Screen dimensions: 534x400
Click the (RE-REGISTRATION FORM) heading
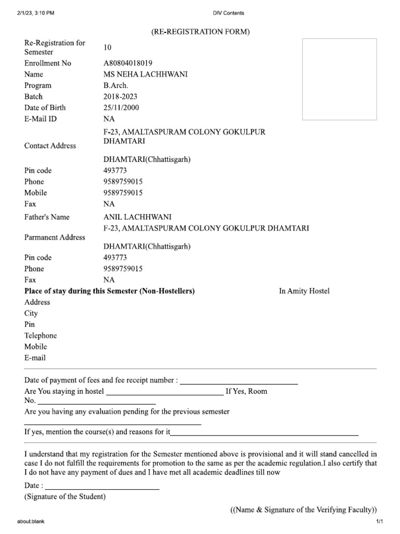pyautogui.click(x=201, y=32)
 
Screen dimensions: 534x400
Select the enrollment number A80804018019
pyautogui.click(x=128, y=63)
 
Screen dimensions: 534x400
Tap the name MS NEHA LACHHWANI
pyautogui.click(x=145, y=74)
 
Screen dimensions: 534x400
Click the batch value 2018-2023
pyautogui.click(x=121, y=96)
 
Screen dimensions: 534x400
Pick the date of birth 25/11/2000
pyautogui.click(x=121, y=107)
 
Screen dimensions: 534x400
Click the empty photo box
pyautogui.click(x=340, y=79)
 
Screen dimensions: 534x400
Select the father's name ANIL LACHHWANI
pyautogui.click(x=137, y=217)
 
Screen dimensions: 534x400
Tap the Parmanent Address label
pyautogui.click(x=55, y=237)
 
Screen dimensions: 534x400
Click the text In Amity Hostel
pyautogui.click(x=304, y=291)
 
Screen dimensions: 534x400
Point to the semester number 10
pyautogui.click(x=107, y=47)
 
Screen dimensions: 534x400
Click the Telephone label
pyautogui.click(x=41, y=335)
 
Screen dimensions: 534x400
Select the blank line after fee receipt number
pyautogui.click(x=239, y=384)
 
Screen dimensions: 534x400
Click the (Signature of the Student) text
pyautogui.click(x=65, y=496)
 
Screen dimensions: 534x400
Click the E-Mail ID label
pyautogui.click(x=41, y=119)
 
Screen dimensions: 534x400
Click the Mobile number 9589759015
pyautogui.click(x=123, y=193)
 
